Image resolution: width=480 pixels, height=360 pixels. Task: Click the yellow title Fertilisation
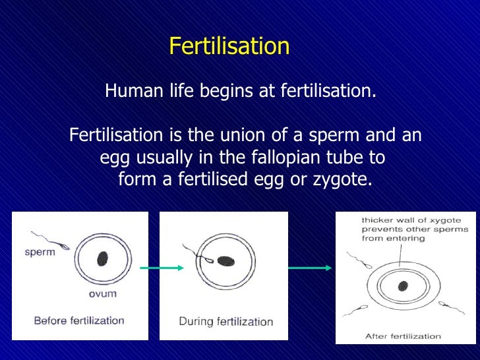coord(229,46)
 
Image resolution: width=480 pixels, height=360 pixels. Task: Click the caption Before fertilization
coord(79,321)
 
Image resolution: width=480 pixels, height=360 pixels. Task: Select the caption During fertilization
coord(225,322)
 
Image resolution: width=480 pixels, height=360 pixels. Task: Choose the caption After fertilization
coord(403,336)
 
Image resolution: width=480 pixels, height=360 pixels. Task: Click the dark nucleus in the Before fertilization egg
coord(102,257)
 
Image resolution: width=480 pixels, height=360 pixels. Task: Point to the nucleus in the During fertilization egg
coord(226,260)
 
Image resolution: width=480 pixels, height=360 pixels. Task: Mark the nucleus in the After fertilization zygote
coord(402,286)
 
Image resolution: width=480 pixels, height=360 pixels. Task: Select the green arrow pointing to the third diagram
coord(310,268)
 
